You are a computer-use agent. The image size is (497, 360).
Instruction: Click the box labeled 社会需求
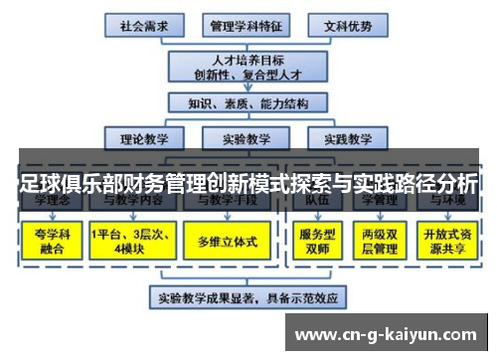pyautogui.click(x=142, y=23)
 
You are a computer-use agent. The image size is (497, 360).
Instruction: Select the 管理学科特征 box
pyautogui.click(x=243, y=23)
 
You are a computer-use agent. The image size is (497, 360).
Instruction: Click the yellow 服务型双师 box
pyautogui.click(x=315, y=241)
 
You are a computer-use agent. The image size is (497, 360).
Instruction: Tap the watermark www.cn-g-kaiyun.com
pyautogui.click(x=387, y=333)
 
